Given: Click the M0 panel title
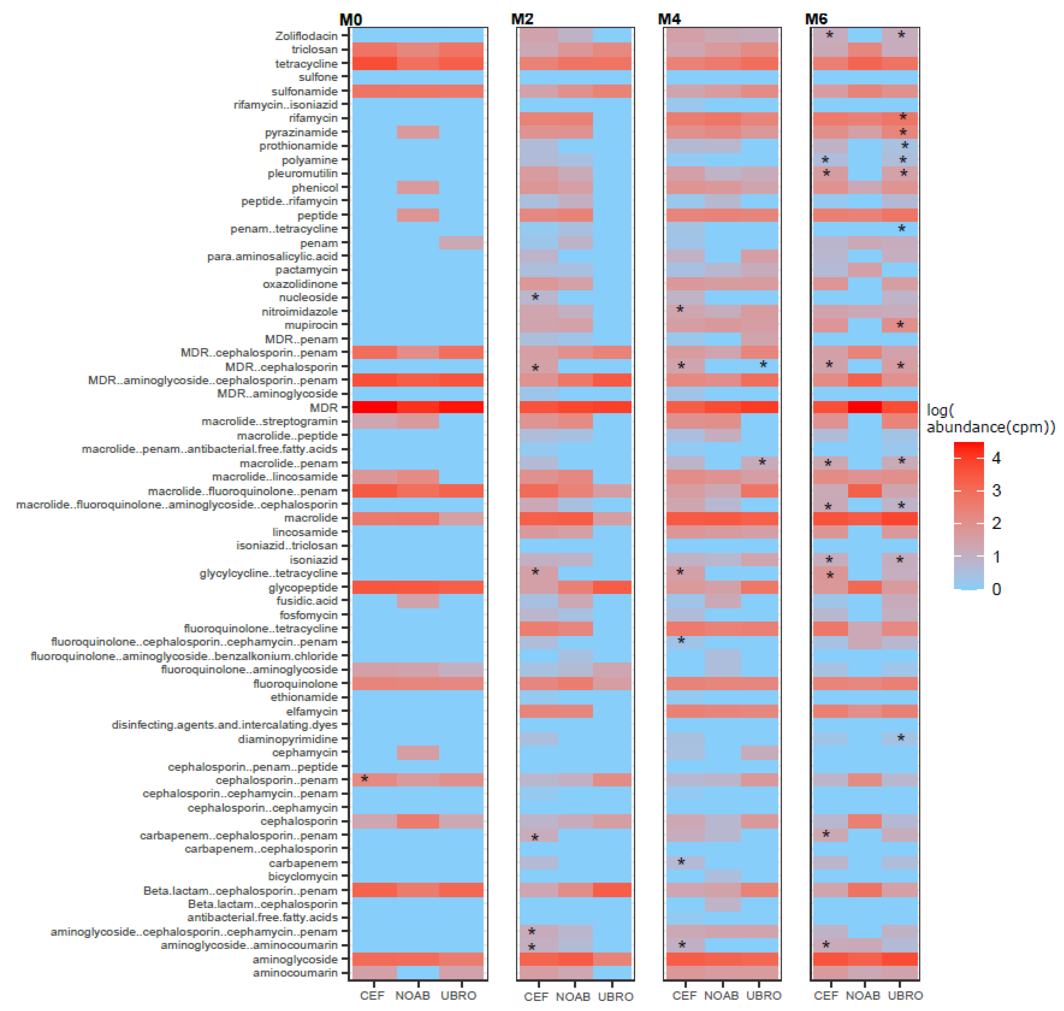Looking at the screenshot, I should point(351,20).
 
